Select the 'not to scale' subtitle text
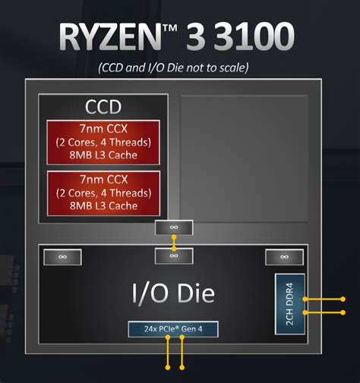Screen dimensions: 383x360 click(180, 68)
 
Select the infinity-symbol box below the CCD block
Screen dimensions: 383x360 click(174, 228)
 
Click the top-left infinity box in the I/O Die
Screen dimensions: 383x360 click(62, 257)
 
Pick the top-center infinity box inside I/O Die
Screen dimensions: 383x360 click(174, 256)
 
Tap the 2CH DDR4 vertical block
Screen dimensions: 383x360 click(289, 304)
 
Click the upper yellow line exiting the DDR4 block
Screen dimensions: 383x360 click(327, 299)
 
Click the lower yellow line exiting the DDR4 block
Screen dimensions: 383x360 click(327, 312)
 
